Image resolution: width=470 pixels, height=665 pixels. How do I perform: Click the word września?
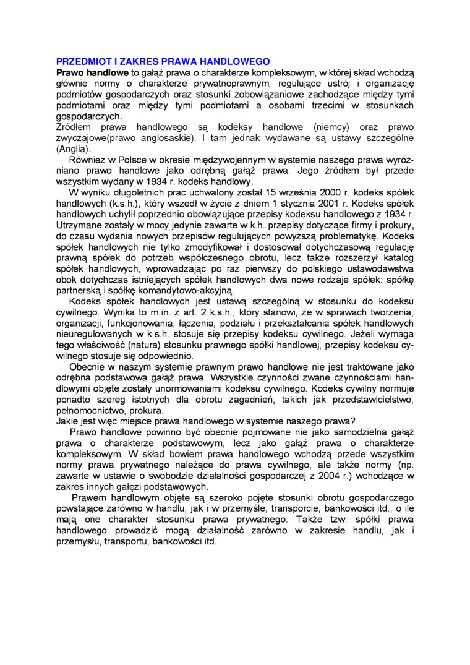(290, 192)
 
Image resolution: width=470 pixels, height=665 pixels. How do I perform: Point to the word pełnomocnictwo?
(90, 410)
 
